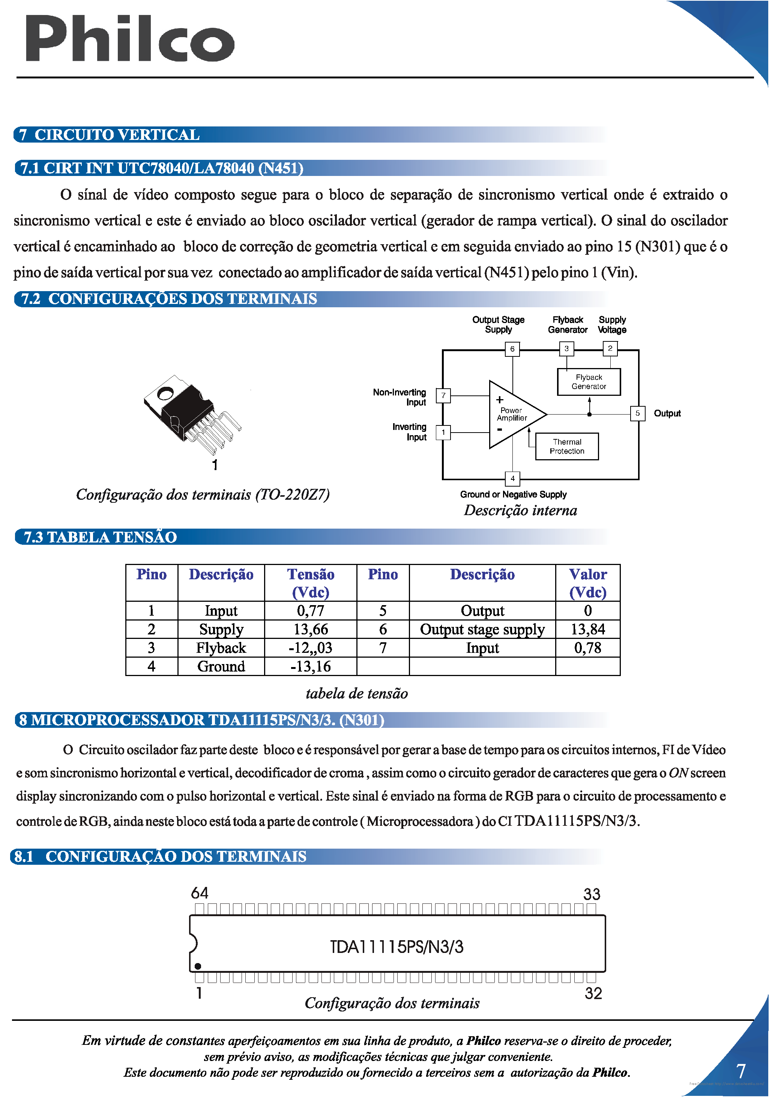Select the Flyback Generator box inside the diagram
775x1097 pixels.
[x=589, y=382]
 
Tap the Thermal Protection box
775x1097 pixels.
[x=567, y=446]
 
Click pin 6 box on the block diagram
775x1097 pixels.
[x=512, y=349]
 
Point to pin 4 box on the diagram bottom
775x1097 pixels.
[x=512, y=478]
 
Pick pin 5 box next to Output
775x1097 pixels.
[x=637, y=413]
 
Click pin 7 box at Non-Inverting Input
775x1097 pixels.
[x=443, y=395]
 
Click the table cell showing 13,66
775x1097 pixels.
[x=311, y=629]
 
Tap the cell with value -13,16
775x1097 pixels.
[x=311, y=667]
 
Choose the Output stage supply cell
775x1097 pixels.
[x=482, y=629]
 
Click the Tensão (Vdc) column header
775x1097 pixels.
[x=311, y=583]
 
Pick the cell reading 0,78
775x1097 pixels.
[x=588, y=648]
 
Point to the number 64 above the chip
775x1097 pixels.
[x=200, y=893]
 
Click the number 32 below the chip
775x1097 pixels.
[x=593, y=993]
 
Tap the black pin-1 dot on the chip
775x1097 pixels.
[x=198, y=966]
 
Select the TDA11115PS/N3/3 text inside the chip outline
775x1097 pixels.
[x=397, y=947]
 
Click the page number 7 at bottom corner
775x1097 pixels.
[x=740, y=1071]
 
